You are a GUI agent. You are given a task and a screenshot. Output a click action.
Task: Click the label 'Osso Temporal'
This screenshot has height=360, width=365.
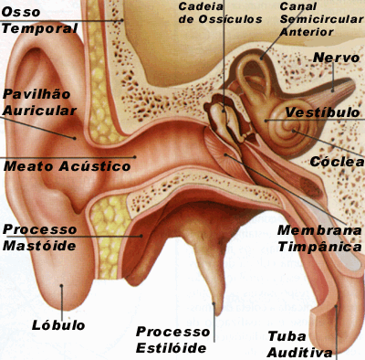[39, 20]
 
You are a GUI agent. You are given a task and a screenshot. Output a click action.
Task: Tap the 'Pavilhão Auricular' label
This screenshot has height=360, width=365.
[39, 102]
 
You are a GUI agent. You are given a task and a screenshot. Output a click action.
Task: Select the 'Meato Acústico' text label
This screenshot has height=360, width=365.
[68, 166]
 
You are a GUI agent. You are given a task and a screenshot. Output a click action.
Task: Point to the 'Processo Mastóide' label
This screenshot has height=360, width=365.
[39, 238]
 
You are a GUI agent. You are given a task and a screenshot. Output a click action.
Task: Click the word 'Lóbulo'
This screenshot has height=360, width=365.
[58, 325]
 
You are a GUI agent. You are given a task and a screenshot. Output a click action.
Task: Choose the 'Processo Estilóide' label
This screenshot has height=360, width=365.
[172, 340]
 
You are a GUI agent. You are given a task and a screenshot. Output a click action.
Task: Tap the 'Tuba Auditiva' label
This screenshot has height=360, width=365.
[299, 344]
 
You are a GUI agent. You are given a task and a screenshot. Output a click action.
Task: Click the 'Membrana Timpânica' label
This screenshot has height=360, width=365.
[319, 238]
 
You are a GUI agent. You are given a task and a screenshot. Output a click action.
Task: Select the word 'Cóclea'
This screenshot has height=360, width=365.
[337, 162]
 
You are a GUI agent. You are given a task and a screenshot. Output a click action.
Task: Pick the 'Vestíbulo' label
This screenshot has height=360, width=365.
[322, 112]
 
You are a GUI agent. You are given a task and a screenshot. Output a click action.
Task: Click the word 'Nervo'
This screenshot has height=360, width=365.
[336, 58]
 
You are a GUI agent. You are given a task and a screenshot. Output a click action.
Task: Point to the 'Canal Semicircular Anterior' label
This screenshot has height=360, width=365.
[321, 19]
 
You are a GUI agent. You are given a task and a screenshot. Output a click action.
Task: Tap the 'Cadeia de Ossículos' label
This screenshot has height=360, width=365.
[220, 13]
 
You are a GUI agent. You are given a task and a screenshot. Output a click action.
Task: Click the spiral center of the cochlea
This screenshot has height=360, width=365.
[294, 131]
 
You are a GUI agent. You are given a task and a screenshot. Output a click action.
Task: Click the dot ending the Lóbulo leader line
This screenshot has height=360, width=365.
[61, 286]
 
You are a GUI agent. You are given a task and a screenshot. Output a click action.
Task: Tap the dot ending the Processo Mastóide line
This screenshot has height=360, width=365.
[141, 236]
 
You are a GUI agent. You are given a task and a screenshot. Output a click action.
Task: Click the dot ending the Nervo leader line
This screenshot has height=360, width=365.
[332, 90]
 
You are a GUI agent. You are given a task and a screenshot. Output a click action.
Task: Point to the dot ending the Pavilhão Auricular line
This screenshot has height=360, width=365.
[74, 138]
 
